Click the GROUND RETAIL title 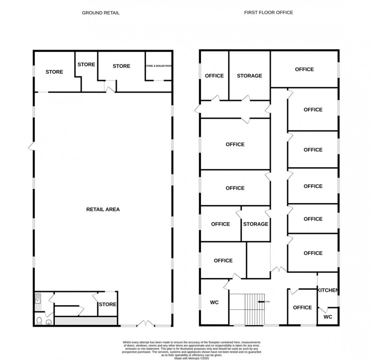[x=101, y=13]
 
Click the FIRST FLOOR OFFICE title [x=268, y=12]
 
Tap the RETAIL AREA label [x=103, y=210]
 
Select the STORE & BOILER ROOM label [x=159, y=66]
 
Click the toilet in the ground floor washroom [x=39, y=321]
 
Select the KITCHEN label [x=328, y=290]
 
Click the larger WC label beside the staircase [x=214, y=302]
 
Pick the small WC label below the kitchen [x=328, y=317]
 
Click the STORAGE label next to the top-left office [x=249, y=76]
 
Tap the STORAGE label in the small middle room [x=256, y=224]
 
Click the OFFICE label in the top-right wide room [x=304, y=69]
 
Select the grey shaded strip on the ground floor [x=86, y=321]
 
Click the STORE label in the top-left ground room [x=54, y=72]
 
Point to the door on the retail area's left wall [x=31, y=146]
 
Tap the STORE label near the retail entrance [x=108, y=304]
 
